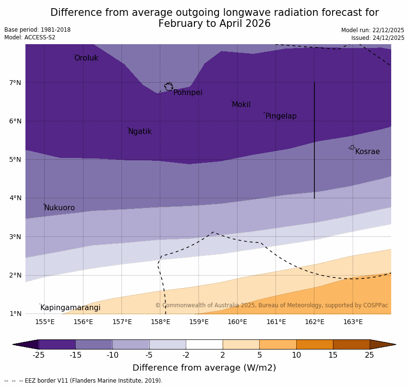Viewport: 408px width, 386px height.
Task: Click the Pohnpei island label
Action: tap(188, 93)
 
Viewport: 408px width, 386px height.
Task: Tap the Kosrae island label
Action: tap(367, 152)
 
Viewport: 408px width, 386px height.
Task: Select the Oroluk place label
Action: tap(86, 58)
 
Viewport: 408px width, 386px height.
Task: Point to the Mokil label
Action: tap(241, 105)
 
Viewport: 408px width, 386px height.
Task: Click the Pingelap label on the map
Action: tap(281, 116)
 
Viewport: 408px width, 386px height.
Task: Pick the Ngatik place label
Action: tap(140, 132)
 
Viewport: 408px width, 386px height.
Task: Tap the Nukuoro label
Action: tap(60, 208)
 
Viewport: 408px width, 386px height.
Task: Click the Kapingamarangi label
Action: tap(70, 308)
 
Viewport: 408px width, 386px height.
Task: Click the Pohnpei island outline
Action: tap(168, 86)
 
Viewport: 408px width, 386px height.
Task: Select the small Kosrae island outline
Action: tap(352, 147)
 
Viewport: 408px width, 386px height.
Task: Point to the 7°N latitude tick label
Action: tap(15, 83)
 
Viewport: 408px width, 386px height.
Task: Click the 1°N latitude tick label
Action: tap(15, 314)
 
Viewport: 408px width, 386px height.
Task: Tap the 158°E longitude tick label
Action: tap(160, 322)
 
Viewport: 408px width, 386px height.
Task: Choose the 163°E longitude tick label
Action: tap(353, 322)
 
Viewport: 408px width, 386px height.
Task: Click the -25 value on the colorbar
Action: tap(38, 355)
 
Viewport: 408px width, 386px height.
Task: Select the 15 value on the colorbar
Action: tap(333, 355)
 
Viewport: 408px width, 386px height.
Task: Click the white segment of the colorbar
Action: tap(204, 344)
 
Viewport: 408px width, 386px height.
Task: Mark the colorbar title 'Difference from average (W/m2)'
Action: tap(204, 368)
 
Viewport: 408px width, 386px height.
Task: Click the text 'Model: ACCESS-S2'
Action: tap(30, 37)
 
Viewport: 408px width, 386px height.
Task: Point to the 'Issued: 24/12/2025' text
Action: tap(378, 37)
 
